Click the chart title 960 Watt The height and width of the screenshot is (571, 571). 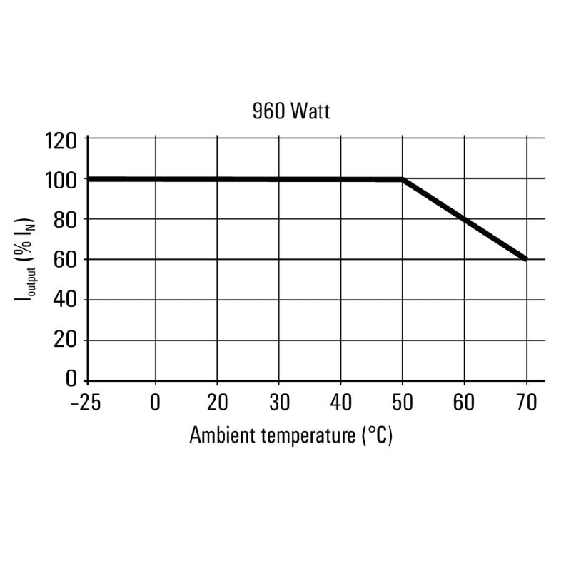(x=291, y=112)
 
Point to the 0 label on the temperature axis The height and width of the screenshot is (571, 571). (x=156, y=403)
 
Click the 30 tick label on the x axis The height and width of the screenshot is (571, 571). (x=278, y=403)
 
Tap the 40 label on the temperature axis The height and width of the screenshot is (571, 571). (x=340, y=403)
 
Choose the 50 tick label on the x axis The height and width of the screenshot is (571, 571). (x=403, y=403)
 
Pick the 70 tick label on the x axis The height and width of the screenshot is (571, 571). (x=526, y=403)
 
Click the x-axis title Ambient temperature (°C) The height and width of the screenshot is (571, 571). (x=291, y=435)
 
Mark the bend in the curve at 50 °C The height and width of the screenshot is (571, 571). (x=403, y=179)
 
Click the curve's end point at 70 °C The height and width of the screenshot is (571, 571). (x=526, y=259)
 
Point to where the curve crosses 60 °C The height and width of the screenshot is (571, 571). (x=465, y=219)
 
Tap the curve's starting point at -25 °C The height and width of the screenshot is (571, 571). (x=89, y=178)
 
